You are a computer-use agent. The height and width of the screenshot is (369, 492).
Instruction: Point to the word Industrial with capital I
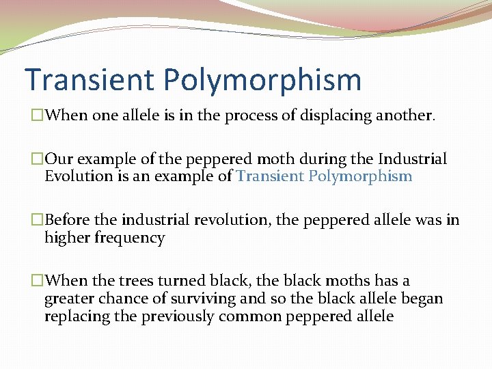tap(413, 160)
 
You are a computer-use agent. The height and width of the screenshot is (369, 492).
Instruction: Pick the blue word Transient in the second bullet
tap(270, 176)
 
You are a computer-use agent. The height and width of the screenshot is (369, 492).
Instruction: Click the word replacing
tap(77, 316)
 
